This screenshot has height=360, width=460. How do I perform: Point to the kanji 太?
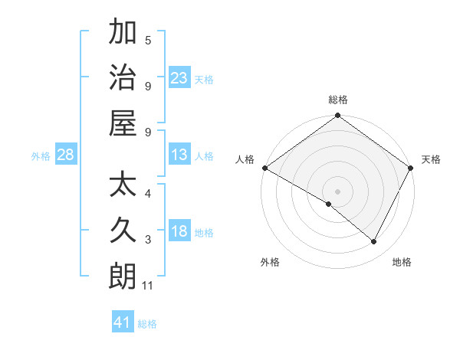point(123,185)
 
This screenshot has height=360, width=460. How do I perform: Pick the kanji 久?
point(123,230)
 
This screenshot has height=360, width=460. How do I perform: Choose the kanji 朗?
point(123,275)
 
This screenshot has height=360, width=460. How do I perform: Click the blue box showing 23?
point(179,78)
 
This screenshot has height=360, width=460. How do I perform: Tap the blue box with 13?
point(179,155)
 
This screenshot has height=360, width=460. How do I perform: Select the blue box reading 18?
point(179,232)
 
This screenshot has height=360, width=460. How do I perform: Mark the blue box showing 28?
point(66,155)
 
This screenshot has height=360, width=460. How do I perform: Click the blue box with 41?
point(123,322)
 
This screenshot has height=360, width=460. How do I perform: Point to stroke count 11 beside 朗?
point(149,286)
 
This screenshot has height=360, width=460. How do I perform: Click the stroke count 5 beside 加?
point(148,40)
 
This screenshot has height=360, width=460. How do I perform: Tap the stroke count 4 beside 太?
point(148,194)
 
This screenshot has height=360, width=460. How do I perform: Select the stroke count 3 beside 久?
point(148,240)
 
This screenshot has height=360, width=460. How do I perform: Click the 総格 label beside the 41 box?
point(147,324)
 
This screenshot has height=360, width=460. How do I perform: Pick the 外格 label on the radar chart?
point(270,263)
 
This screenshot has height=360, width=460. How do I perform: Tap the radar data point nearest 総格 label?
point(337,116)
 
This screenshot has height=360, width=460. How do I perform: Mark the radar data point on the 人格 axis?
point(264,168)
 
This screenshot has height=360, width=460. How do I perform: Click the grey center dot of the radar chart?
point(337,191)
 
